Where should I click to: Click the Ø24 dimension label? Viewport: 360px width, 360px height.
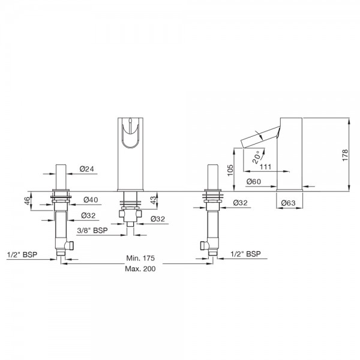click(87, 169)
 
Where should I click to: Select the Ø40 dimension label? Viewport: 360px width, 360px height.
click(91, 200)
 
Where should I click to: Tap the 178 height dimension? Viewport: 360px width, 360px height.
click(345, 155)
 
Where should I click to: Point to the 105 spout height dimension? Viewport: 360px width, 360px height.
click(230, 170)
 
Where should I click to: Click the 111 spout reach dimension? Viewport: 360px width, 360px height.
click(266, 167)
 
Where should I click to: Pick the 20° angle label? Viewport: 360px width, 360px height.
click(257, 157)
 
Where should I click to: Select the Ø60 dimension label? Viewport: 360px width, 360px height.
click(254, 182)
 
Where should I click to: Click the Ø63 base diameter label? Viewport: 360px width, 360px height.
click(289, 203)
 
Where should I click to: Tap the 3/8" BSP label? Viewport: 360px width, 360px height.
click(92, 230)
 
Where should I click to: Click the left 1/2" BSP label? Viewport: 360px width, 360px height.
click(22, 254)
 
